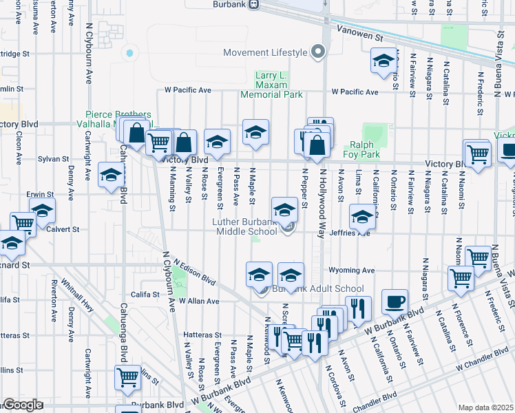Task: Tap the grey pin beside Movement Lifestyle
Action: [317, 52]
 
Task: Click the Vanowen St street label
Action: [358, 33]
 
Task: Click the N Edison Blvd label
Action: [195, 273]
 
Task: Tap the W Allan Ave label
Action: [199, 301]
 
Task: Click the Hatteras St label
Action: [200, 335]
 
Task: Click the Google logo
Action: [22, 405]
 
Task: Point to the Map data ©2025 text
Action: [486, 407]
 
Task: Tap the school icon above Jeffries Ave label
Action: [362, 218]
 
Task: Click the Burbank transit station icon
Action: [253, 4]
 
